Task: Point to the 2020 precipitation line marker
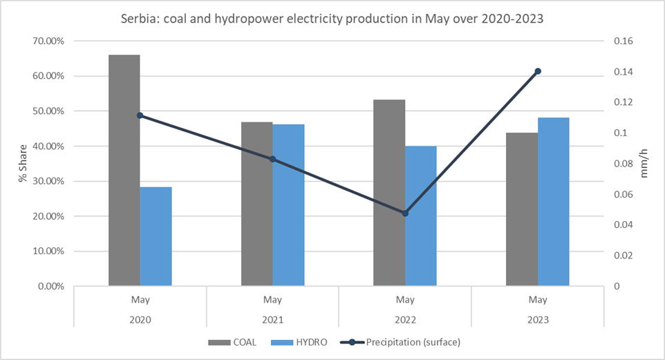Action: [x=140, y=115]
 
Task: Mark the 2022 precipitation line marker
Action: [x=405, y=214]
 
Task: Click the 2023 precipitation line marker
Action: [x=538, y=71]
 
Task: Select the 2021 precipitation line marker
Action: [x=272, y=159]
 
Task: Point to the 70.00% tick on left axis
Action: [x=48, y=41]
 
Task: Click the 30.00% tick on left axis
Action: [x=48, y=181]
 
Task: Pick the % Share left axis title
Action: [x=23, y=164]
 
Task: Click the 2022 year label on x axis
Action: [x=405, y=320]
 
